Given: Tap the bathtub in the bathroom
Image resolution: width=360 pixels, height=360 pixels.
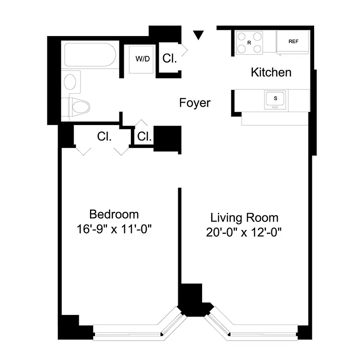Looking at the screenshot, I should point(90,55).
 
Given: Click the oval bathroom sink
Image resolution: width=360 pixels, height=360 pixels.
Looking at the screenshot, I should point(70,82).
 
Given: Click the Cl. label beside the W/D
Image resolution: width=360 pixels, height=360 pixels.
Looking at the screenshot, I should point(170,58).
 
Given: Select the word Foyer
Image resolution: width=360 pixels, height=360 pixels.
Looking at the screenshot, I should point(194,103).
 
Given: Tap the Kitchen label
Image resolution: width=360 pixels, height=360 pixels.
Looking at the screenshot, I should point(271,72).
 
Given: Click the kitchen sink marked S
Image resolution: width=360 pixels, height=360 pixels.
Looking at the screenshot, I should point(275,98).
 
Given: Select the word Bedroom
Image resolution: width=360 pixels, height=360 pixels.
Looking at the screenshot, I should point(114,214).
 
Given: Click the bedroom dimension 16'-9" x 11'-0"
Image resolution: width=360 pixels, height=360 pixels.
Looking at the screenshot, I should point(114,229).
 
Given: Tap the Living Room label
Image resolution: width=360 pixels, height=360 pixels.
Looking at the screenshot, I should point(244,218).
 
